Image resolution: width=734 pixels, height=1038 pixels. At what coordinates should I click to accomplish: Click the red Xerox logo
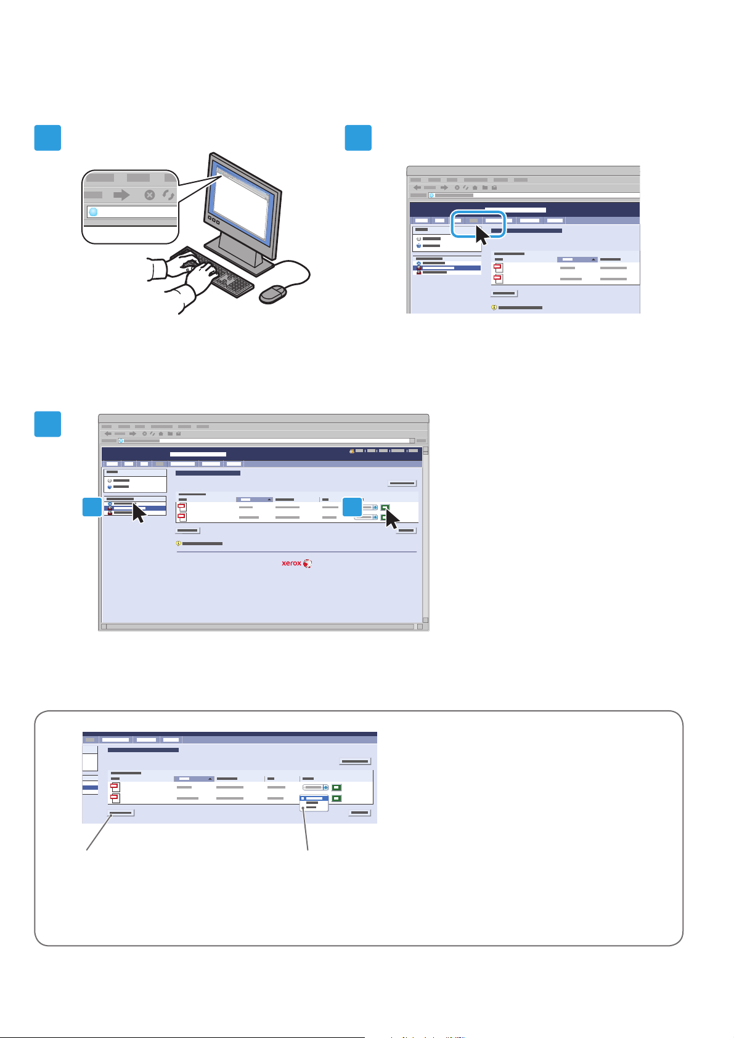click(x=297, y=563)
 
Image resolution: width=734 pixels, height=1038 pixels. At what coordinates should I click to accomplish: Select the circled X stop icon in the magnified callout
click(x=150, y=195)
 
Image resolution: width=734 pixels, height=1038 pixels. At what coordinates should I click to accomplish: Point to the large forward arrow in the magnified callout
click(x=122, y=195)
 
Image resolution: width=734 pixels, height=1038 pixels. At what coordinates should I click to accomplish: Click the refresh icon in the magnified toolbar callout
click(x=168, y=195)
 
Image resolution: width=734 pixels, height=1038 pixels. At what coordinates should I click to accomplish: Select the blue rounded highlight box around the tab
click(x=478, y=224)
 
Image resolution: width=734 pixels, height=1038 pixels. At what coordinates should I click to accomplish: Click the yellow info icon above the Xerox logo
click(x=179, y=544)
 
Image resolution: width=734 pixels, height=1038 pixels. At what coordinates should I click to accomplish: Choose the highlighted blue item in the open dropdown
click(x=314, y=798)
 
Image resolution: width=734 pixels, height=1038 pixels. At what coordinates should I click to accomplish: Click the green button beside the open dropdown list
click(x=336, y=798)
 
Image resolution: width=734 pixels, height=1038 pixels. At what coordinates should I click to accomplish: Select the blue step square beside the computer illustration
click(x=47, y=137)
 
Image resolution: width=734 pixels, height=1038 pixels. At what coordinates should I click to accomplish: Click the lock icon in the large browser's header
click(x=351, y=451)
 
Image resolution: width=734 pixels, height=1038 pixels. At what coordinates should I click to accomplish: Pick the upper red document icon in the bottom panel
click(x=115, y=787)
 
